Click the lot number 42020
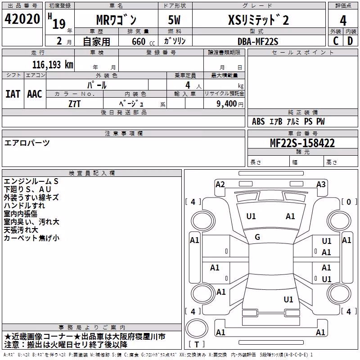(x=22, y=19)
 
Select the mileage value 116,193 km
(x=53, y=65)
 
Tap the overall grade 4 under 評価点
(x=343, y=21)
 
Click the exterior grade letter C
(x=336, y=41)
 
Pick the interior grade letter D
(x=350, y=41)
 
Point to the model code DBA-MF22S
(x=258, y=41)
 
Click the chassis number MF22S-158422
(x=302, y=143)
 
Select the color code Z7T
(x=75, y=104)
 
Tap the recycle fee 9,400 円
(x=230, y=104)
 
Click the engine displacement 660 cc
(x=143, y=41)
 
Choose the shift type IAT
(x=13, y=94)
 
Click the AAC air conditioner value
(x=35, y=94)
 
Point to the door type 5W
(x=174, y=20)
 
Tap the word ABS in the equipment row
(x=258, y=121)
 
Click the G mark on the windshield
(x=257, y=237)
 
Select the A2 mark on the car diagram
(x=220, y=184)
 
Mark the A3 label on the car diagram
(x=321, y=184)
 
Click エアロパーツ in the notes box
(x=27, y=143)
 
